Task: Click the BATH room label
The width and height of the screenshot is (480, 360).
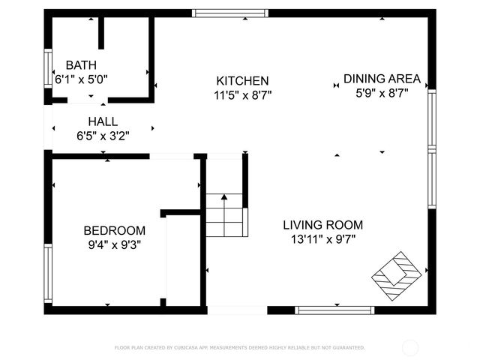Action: click(x=81, y=65)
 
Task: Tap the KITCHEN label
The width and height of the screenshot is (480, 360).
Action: click(x=242, y=81)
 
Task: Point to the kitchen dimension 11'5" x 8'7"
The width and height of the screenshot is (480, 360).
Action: click(x=242, y=94)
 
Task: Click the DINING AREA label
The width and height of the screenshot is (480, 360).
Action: click(x=382, y=79)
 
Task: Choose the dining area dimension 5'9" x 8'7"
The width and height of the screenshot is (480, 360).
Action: click(x=382, y=93)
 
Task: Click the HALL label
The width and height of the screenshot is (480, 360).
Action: click(x=103, y=121)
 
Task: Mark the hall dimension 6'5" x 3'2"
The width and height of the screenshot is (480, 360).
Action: click(x=103, y=136)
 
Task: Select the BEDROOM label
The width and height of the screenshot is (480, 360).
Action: click(x=114, y=230)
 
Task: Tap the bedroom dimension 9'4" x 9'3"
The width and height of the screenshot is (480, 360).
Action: click(x=114, y=244)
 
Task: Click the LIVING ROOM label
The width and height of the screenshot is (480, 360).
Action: click(x=322, y=225)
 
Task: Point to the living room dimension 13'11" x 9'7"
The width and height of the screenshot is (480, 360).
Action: click(x=322, y=239)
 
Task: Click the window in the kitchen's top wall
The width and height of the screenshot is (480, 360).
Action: click(x=230, y=13)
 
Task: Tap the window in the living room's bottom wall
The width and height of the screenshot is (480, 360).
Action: click(x=334, y=310)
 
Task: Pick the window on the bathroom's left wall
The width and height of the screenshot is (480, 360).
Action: click(x=48, y=69)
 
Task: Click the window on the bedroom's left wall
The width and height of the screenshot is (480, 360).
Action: click(x=48, y=273)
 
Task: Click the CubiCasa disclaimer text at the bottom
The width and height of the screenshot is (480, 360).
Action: click(x=239, y=348)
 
